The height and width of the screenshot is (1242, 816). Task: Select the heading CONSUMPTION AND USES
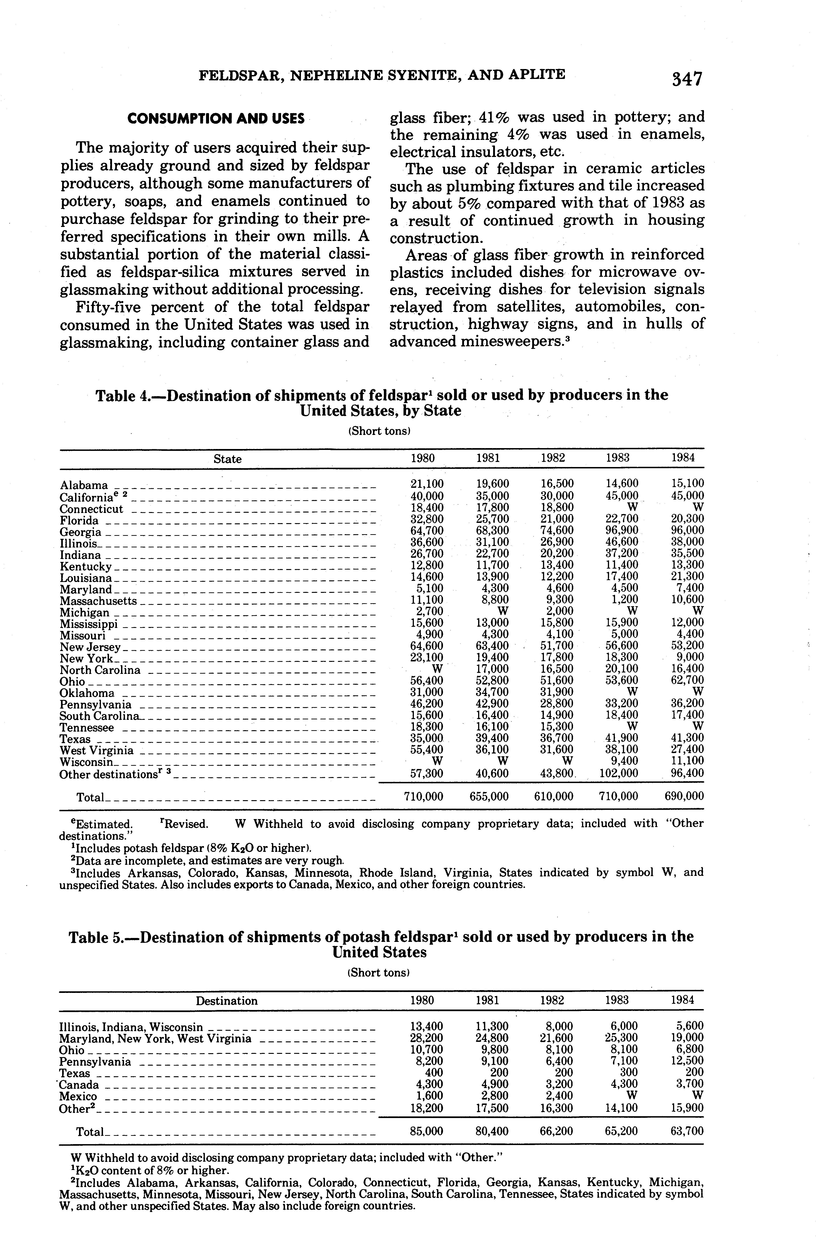tap(216, 118)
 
